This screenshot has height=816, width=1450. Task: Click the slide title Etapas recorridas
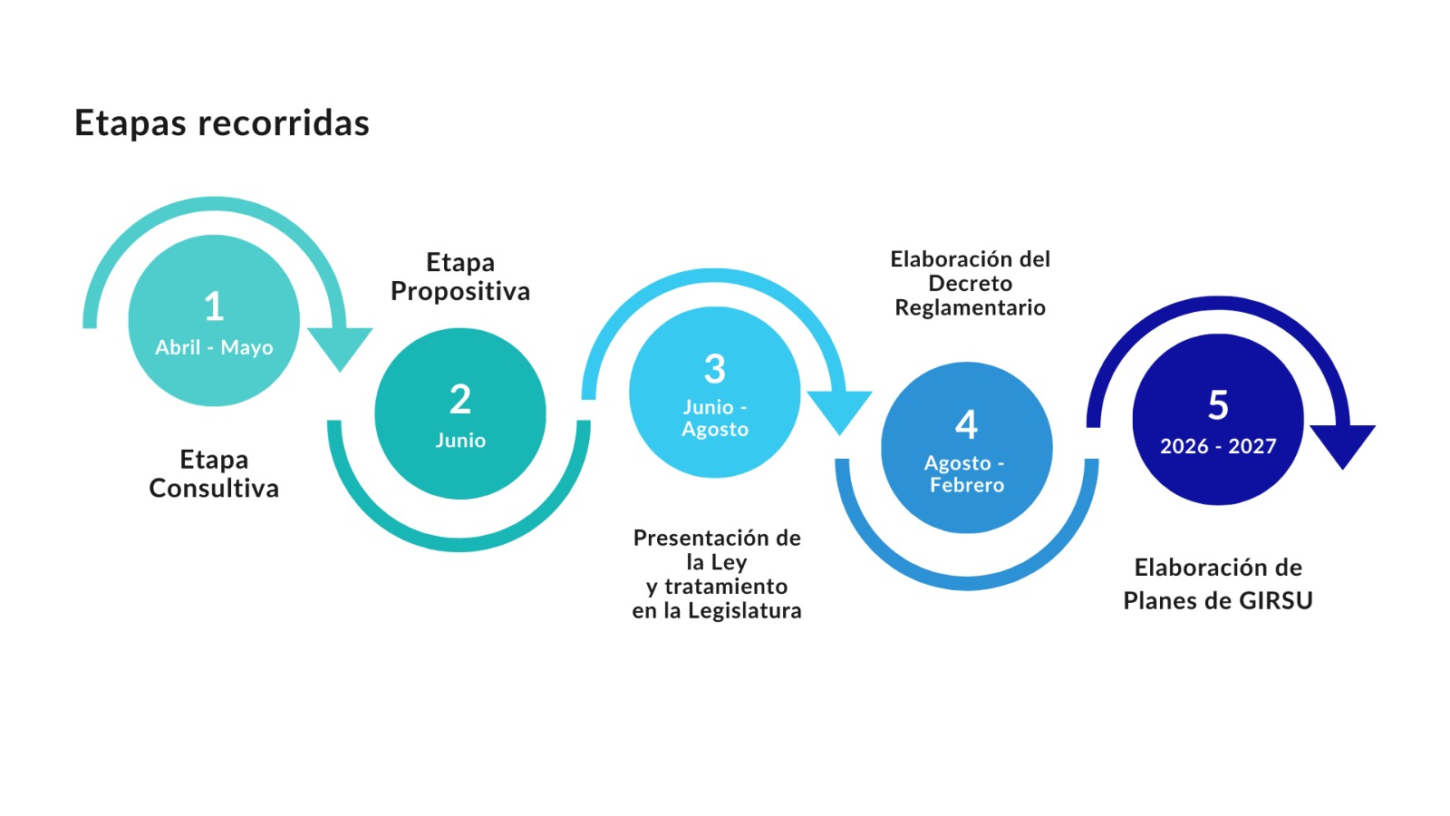[222, 123]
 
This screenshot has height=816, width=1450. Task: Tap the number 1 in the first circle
[214, 306]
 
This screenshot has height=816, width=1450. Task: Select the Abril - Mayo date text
[214, 347]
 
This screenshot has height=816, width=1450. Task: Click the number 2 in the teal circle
[460, 399]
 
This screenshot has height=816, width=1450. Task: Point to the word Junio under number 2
[460, 441]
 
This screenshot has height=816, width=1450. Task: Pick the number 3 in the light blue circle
[715, 369]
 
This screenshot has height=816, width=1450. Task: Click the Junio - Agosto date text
[715, 418]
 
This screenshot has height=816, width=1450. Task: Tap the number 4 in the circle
[967, 424]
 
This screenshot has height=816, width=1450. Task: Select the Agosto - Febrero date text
[966, 474]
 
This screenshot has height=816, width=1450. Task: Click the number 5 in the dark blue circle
[1218, 405]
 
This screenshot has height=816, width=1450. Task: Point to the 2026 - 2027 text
[1218, 446]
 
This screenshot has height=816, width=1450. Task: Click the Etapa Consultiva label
[214, 474]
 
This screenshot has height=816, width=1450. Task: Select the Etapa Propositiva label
[460, 277]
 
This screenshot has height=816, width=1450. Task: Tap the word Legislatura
[744, 611]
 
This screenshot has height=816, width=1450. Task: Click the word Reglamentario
[970, 308]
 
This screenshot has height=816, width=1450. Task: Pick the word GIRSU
[1279, 600]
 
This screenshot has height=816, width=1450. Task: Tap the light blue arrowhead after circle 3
[839, 411]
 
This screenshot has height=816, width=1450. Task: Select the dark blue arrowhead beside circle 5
[1343, 444]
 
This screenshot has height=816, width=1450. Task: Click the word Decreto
[970, 284]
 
